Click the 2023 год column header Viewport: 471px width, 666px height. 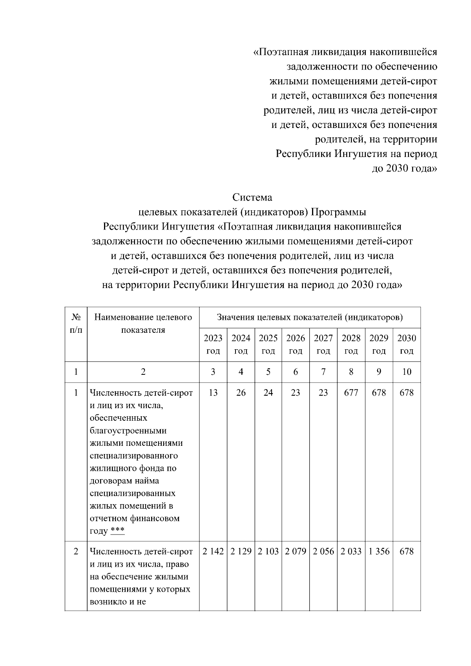point(213,344)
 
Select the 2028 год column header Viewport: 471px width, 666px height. point(351,344)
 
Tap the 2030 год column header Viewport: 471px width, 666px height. point(407,344)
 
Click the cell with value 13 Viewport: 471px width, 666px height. point(213,393)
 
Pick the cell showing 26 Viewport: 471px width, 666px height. point(241,393)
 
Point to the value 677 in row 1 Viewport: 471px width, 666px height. point(351,393)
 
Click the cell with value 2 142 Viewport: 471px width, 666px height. point(213,551)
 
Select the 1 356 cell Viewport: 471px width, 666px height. point(379,551)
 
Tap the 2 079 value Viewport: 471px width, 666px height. point(296,551)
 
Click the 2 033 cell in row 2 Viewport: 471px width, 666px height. point(351,551)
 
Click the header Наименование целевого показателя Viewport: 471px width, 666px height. point(143,323)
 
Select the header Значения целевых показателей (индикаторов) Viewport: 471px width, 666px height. point(310,317)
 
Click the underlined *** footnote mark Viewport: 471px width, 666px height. point(117,531)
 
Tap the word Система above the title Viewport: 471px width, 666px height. point(252,197)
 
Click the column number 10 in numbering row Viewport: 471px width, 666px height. point(407,372)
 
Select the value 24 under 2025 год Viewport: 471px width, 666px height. point(268,393)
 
